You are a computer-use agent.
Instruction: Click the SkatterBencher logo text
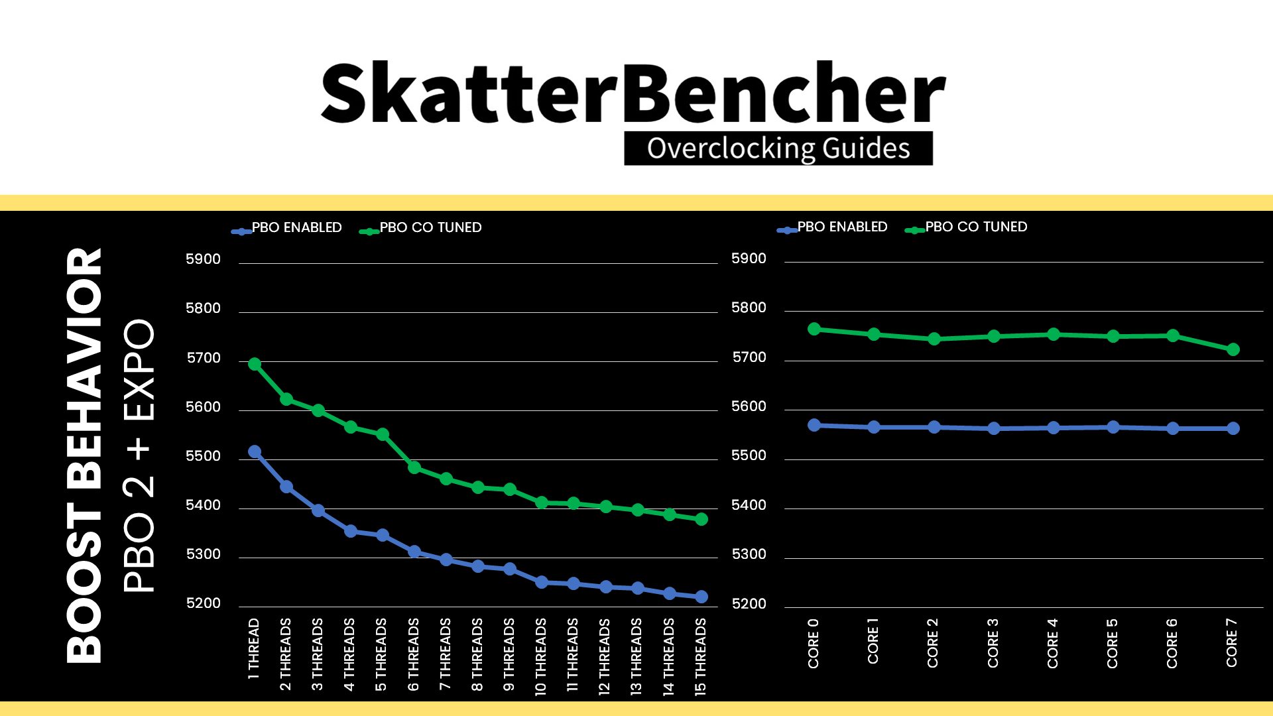(x=633, y=93)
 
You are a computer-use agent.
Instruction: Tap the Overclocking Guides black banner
(x=778, y=148)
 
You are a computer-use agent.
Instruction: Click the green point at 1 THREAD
(x=255, y=364)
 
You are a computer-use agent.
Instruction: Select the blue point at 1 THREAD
(x=255, y=451)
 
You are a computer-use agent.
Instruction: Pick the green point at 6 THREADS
(x=414, y=467)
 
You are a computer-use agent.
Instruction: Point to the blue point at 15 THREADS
(x=701, y=597)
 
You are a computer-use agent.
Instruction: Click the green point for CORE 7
(x=1233, y=349)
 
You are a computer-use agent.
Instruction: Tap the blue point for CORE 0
(x=814, y=425)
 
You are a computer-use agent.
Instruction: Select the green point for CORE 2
(x=934, y=339)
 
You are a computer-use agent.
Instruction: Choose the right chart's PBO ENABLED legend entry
(x=832, y=227)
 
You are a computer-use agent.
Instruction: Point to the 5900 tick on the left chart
(x=203, y=259)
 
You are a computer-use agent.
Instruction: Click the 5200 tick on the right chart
(x=749, y=604)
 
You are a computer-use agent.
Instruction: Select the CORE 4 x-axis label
(x=1053, y=643)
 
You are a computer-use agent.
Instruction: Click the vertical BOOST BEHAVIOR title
(x=84, y=455)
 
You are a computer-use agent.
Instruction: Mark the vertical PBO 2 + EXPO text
(x=139, y=455)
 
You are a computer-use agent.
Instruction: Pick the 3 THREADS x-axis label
(x=318, y=654)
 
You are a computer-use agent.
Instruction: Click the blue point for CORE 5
(x=1113, y=427)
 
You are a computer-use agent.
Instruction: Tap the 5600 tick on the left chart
(x=203, y=407)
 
